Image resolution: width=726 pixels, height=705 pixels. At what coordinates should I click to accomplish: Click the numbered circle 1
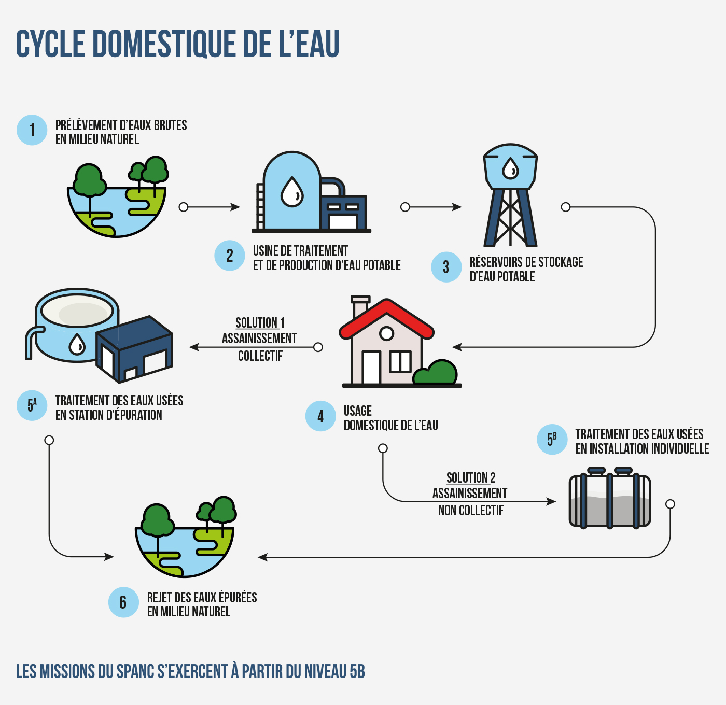pos(32,130)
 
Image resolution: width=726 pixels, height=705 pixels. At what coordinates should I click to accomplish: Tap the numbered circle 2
pos(229,256)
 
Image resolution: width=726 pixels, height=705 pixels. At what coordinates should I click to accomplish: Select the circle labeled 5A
pos(32,405)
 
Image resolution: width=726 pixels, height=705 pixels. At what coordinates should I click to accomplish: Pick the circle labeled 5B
pos(552,440)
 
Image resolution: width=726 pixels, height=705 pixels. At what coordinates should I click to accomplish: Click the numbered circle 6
pos(123,602)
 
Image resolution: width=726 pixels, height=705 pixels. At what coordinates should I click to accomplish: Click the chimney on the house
pos(360,306)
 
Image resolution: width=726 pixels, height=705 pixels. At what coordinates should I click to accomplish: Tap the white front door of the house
pos(371,368)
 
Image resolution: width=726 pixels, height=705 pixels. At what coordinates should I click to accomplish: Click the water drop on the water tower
pos(510,168)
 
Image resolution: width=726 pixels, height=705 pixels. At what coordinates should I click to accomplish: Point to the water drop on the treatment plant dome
pos(292,192)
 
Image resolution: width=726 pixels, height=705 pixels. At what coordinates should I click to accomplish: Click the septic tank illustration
pos(610,498)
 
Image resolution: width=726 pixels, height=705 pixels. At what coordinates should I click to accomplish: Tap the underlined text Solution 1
pos(260,322)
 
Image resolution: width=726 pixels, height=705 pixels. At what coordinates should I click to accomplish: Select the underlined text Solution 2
pos(471,478)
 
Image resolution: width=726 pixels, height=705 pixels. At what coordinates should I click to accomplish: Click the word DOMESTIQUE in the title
pos(164,44)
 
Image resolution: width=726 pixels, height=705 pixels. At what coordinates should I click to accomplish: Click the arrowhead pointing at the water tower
pos(457,207)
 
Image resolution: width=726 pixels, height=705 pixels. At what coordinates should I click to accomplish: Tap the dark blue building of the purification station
pos(134,349)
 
